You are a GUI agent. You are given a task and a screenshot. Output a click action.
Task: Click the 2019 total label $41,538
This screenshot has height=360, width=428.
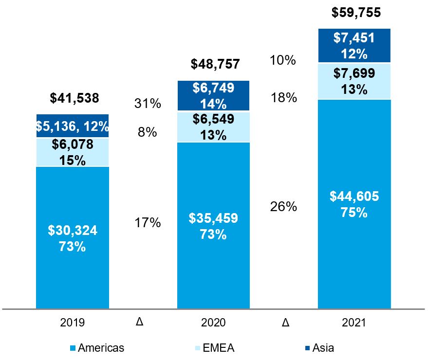[74, 99]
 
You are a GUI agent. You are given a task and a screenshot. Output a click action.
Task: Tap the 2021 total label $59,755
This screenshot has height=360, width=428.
[356, 12]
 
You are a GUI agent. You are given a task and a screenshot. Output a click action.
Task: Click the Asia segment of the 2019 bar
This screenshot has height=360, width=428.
[73, 126]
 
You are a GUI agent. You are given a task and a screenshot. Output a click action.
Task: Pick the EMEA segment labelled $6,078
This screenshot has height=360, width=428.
[73, 152]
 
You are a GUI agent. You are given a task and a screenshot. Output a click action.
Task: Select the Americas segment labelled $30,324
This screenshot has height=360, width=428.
[73, 238]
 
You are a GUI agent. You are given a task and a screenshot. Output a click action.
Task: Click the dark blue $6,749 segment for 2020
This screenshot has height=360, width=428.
[213, 96]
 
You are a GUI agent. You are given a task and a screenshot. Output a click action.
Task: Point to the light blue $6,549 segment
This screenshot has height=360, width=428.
[213, 127]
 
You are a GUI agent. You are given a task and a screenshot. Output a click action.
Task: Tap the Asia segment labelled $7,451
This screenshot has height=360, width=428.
[354, 46]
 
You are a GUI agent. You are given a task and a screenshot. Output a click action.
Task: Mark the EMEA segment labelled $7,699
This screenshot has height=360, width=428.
[354, 81]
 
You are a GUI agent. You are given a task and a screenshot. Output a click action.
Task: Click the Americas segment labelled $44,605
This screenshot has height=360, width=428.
[354, 204]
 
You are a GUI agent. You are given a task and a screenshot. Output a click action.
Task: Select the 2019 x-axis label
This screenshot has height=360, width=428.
[73, 323]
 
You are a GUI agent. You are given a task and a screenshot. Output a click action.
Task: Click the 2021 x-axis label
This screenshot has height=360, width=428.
[354, 323]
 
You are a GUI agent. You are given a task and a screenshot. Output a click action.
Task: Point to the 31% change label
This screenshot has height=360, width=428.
[148, 104]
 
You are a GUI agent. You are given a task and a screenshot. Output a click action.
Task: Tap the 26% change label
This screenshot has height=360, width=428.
[283, 207]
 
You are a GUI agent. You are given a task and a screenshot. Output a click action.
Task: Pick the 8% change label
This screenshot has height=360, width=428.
[148, 132]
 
